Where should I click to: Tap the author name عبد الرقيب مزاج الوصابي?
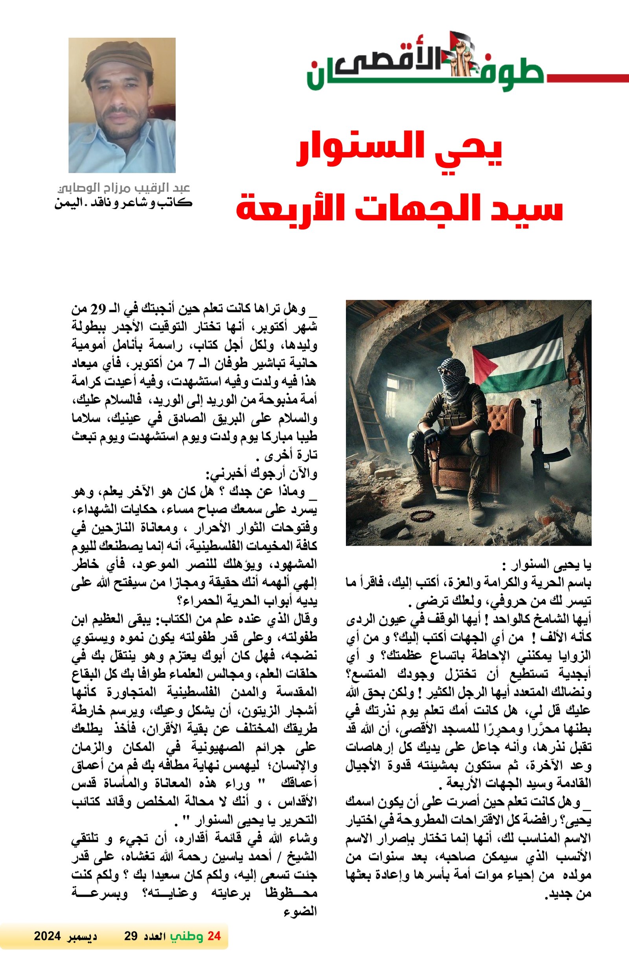[x=124, y=188]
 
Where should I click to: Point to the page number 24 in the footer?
[x=214, y=948]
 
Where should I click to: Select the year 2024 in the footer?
[x=47, y=948]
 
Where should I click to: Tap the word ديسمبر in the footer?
[x=82, y=948]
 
